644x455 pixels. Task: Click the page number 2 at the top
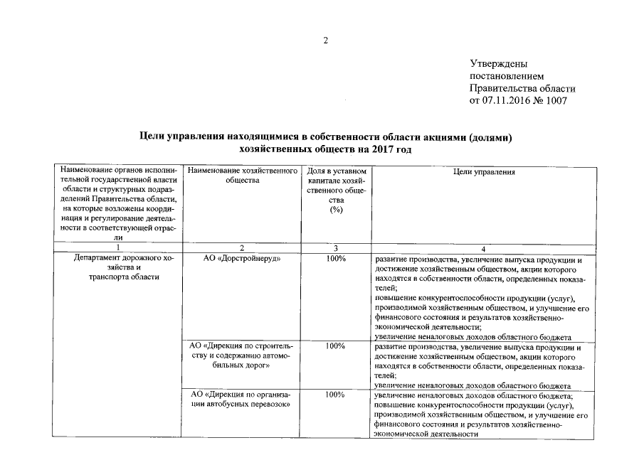326,41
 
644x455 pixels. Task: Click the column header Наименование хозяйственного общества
242,176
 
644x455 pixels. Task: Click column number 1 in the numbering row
118,248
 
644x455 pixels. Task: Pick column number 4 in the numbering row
483,248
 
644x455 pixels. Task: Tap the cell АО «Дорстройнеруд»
242,259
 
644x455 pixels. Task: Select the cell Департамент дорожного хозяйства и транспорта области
118,268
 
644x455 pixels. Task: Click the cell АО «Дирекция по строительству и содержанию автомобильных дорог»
242,355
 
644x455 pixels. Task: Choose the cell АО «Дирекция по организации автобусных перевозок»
242,399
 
